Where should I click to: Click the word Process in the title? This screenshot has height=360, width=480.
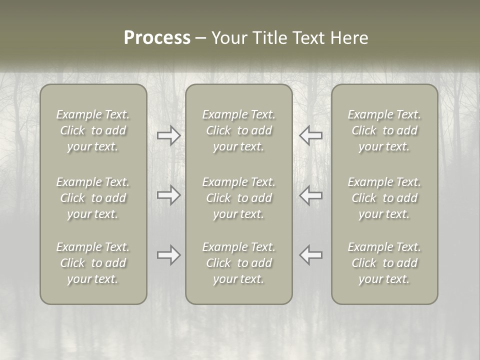coord(157,38)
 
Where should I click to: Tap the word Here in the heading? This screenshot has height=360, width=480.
coord(349,38)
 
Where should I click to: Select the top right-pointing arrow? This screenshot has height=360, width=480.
coord(168,135)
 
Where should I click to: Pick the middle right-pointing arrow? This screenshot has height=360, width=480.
coord(168,195)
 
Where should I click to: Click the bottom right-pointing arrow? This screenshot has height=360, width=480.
coord(168,255)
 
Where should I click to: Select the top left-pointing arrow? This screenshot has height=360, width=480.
coord(311,135)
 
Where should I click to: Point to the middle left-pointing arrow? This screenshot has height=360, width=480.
coord(311,195)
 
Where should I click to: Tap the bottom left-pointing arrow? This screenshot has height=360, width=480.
coord(311,255)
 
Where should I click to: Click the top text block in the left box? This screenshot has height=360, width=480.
coord(93,130)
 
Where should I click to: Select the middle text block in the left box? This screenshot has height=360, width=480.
coord(93,198)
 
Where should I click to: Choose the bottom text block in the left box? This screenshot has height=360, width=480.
coord(93,263)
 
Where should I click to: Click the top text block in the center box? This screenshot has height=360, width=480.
coord(239,130)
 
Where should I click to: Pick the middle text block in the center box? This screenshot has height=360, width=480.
coord(239,198)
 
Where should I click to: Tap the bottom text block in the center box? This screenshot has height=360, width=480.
coord(239,263)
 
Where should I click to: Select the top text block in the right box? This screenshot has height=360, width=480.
coord(384,130)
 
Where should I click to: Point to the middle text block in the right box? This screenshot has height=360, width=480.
coord(384,198)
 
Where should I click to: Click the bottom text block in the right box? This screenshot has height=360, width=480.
coord(384,263)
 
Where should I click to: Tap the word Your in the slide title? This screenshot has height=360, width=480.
coord(228,38)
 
